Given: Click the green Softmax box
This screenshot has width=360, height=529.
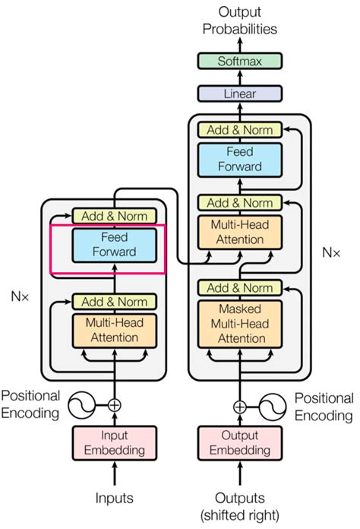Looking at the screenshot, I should tap(239, 61).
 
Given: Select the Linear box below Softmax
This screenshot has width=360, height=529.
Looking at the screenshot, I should tap(239, 93).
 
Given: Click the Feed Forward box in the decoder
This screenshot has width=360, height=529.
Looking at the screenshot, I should tap(239, 160).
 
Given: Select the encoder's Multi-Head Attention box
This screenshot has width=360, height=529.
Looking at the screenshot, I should tap(114, 329).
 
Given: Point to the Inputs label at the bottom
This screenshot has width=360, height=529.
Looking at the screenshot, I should tap(114, 498).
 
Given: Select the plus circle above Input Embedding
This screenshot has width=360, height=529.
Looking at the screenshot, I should tap(114, 405).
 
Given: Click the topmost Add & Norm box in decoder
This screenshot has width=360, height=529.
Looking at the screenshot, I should tap(239, 129).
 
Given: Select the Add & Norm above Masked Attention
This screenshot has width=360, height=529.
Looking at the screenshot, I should tap(239, 288).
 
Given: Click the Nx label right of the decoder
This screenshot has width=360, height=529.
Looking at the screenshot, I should tap(331, 250).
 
